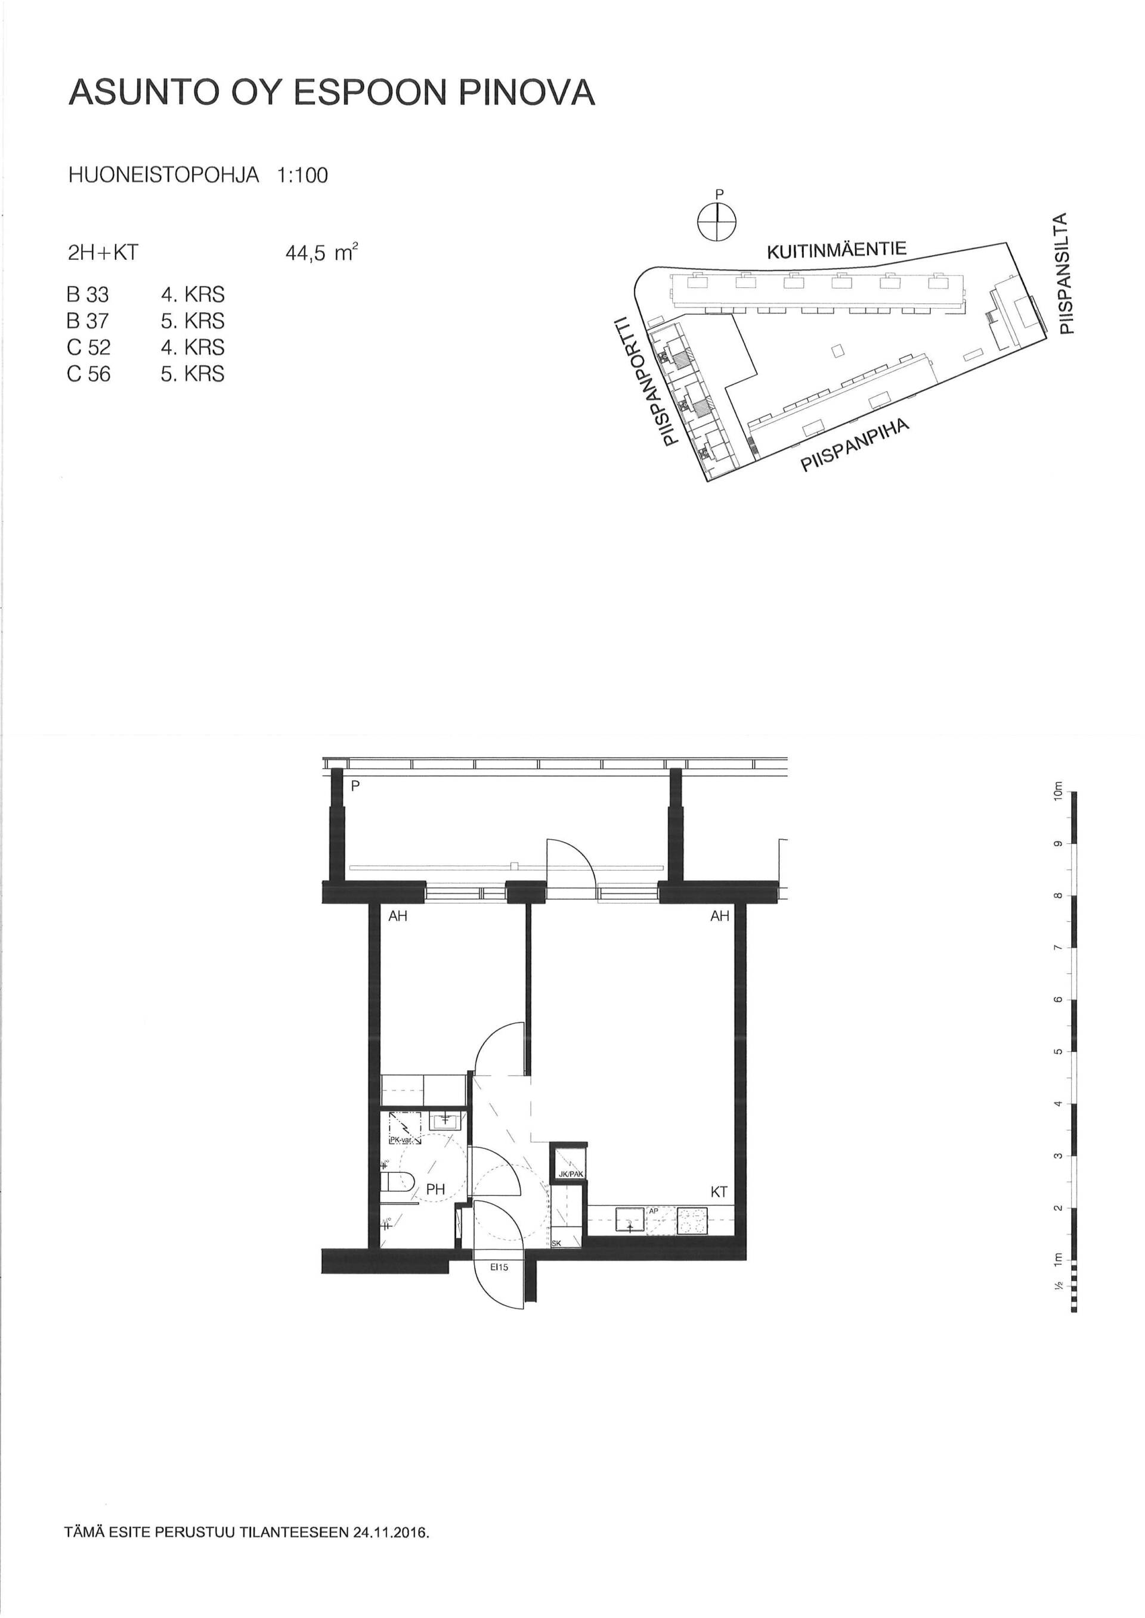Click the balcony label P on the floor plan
pyautogui.click(x=355, y=787)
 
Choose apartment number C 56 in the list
pyautogui.click(x=89, y=374)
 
